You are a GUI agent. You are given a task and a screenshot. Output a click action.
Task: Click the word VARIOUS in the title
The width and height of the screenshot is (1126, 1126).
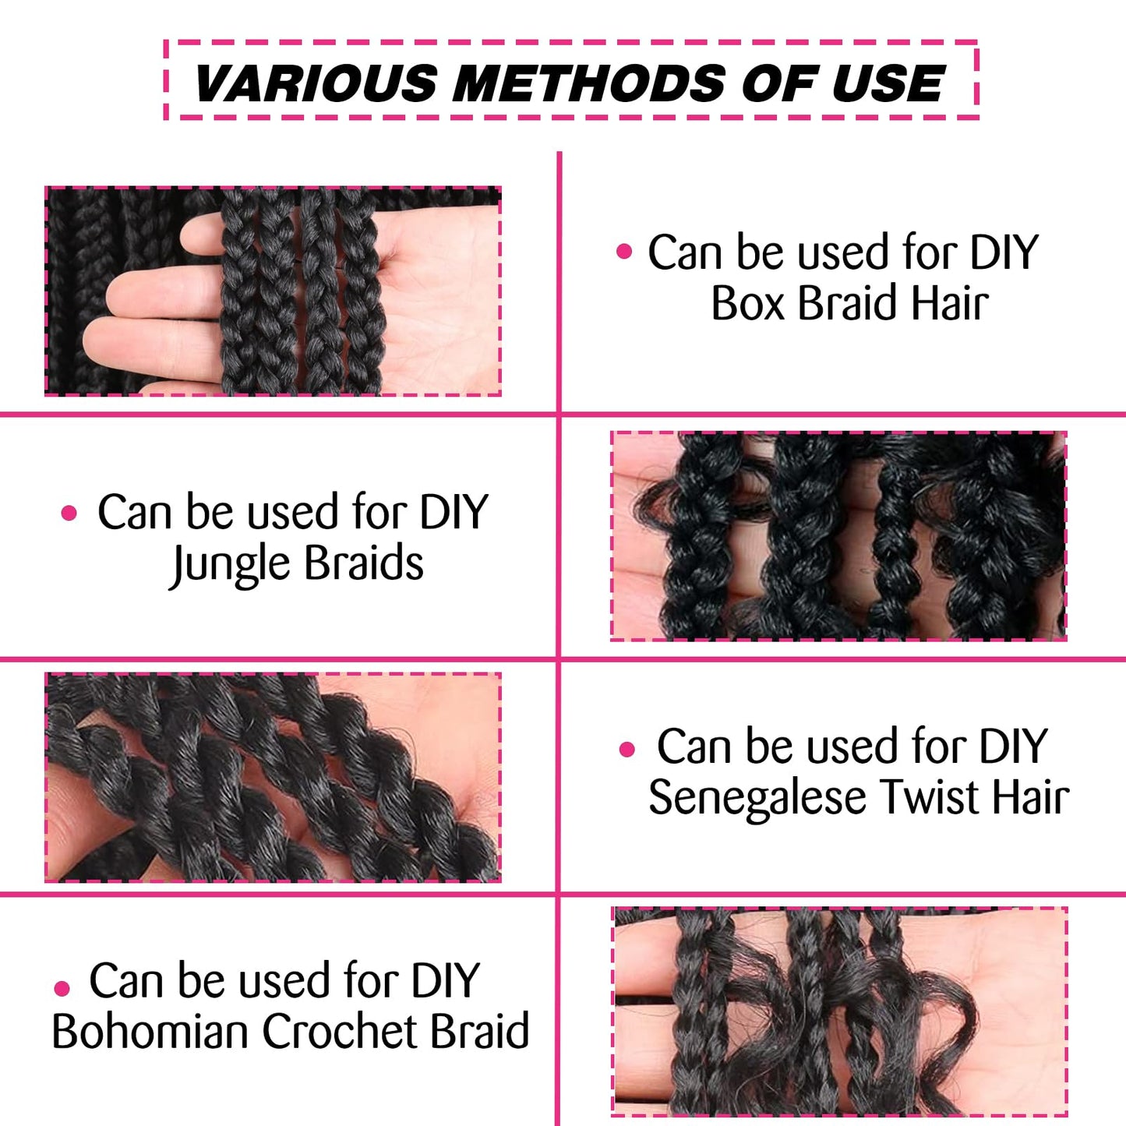[316, 83]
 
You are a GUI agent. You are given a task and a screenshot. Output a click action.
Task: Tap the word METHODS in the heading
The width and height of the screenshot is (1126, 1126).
[589, 83]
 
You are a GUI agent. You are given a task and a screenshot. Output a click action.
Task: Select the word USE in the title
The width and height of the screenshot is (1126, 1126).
[888, 83]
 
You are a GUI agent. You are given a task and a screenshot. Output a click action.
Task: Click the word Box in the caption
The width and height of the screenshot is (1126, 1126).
[747, 303]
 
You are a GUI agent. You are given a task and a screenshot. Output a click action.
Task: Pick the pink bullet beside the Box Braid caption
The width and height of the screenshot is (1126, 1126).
[624, 252]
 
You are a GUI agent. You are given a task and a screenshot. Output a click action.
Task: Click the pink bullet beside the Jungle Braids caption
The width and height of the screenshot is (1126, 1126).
[69, 513]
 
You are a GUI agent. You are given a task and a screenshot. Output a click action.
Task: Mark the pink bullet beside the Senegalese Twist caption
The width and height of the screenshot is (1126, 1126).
[627, 750]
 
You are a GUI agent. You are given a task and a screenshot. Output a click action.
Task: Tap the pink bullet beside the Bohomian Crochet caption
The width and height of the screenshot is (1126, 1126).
[62, 989]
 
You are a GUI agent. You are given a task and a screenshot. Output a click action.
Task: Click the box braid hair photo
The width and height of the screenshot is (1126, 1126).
[273, 291]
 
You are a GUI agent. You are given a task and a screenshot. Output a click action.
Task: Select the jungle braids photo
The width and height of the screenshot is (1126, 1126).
[838, 536]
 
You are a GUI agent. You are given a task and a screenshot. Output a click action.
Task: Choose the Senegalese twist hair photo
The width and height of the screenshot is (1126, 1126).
[273, 777]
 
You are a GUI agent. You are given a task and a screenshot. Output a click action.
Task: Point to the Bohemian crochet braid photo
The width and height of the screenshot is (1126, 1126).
[840, 1011]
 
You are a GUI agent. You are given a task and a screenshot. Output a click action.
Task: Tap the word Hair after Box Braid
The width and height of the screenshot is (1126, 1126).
[949, 303]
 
